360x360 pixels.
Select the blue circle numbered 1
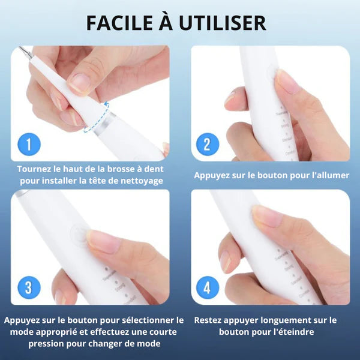click(29, 145)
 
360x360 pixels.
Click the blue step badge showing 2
click(207, 145)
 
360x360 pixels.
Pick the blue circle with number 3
click(29, 288)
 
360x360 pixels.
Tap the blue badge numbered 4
click(207, 288)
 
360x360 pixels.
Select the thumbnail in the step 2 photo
click(287, 82)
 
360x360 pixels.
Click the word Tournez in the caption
click(37, 169)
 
